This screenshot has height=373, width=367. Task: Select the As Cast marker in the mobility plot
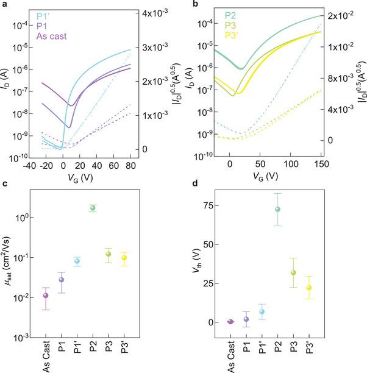point(46,296)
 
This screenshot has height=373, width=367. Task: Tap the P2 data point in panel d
point(278,209)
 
